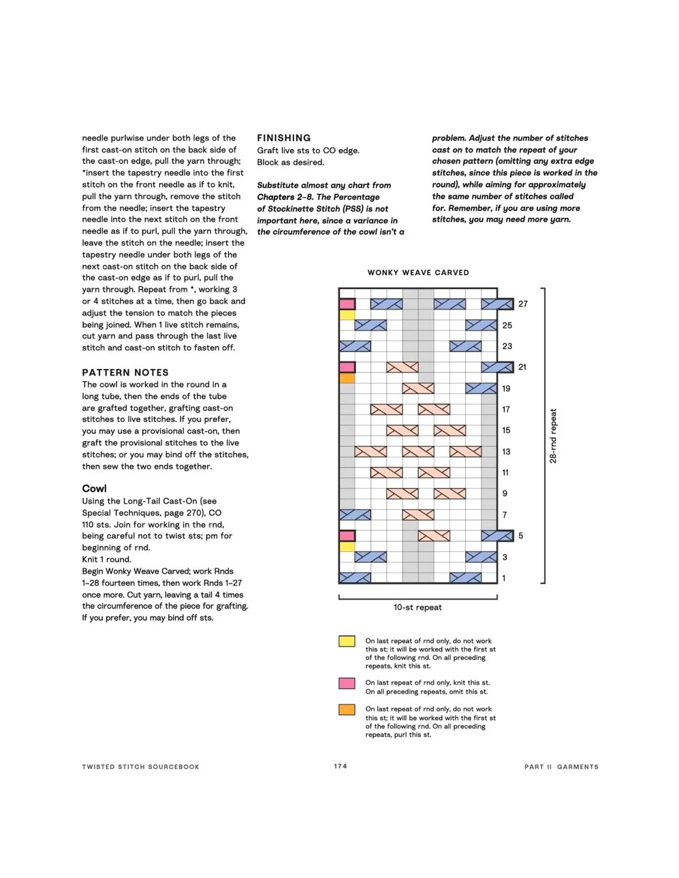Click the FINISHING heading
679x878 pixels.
click(x=283, y=138)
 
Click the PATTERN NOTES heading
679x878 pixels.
click(x=125, y=372)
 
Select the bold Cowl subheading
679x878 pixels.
click(x=94, y=489)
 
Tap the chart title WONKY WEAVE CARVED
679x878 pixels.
click(x=418, y=273)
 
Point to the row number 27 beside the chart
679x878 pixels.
click(x=522, y=304)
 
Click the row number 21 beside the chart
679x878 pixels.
click(x=522, y=368)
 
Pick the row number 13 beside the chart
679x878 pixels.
click(x=506, y=452)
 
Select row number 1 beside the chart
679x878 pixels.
click(x=504, y=579)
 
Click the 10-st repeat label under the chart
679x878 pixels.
click(x=417, y=607)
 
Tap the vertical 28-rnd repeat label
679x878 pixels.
click(x=553, y=436)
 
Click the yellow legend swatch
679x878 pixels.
click(x=347, y=641)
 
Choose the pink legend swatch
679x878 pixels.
click(x=347, y=683)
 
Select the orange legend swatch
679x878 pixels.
click(x=347, y=710)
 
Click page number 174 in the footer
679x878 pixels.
click(x=341, y=766)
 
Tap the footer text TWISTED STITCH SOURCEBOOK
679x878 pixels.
click(x=141, y=767)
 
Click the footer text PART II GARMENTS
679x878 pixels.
click(x=561, y=767)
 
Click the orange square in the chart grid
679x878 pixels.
click(x=347, y=378)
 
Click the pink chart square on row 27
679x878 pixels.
click(x=347, y=304)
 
